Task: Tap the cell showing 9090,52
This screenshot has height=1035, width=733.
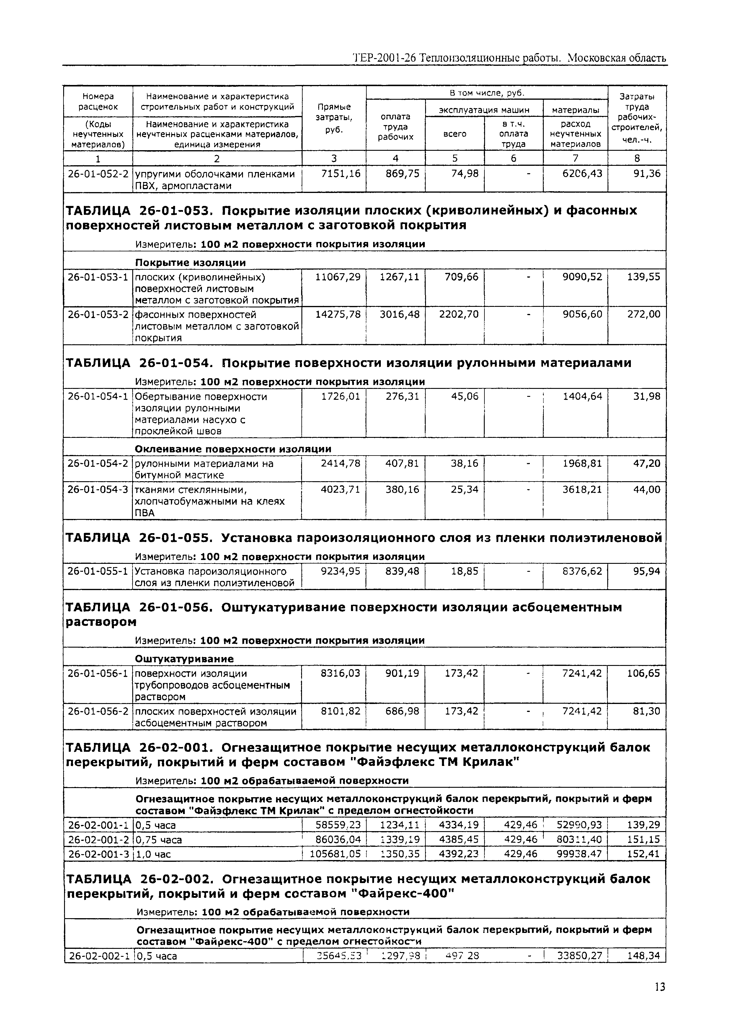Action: pos(582,277)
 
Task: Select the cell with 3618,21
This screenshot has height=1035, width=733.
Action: pos(582,489)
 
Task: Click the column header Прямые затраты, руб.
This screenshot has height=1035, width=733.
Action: pos(334,118)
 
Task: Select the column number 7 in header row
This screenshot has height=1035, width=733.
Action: pos(575,158)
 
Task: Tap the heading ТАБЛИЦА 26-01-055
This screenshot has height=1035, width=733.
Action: pos(138,538)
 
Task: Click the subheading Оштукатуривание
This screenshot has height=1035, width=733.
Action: pos(184,659)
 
